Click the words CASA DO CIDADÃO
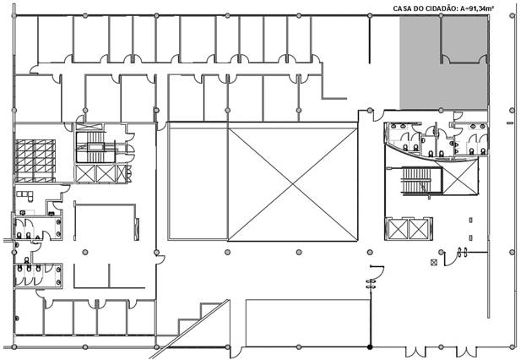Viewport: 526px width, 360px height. pos(425,8)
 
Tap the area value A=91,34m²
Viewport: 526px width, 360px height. pos(475,8)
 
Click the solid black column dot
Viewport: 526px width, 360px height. pos(370,347)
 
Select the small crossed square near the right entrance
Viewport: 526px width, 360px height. pos(434,262)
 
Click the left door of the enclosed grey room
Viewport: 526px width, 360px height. pos(445,59)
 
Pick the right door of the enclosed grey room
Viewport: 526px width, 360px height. pos(484,59)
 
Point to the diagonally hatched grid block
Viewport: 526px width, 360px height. pos(35,161)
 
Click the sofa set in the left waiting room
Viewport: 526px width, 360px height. pos(25,195)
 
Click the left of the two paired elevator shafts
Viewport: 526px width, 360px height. pos(398,229)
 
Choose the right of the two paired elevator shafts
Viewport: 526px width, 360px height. pos(418,229)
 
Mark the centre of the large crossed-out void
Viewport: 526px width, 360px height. pos(292,184)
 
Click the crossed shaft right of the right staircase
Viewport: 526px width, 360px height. pos(460,178)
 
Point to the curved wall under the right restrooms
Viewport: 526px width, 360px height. pos(433,157)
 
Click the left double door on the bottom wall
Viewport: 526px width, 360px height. pos(415,352)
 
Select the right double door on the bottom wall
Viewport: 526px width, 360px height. pos(465,352)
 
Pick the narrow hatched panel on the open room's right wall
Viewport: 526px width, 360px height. pos(137,229)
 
